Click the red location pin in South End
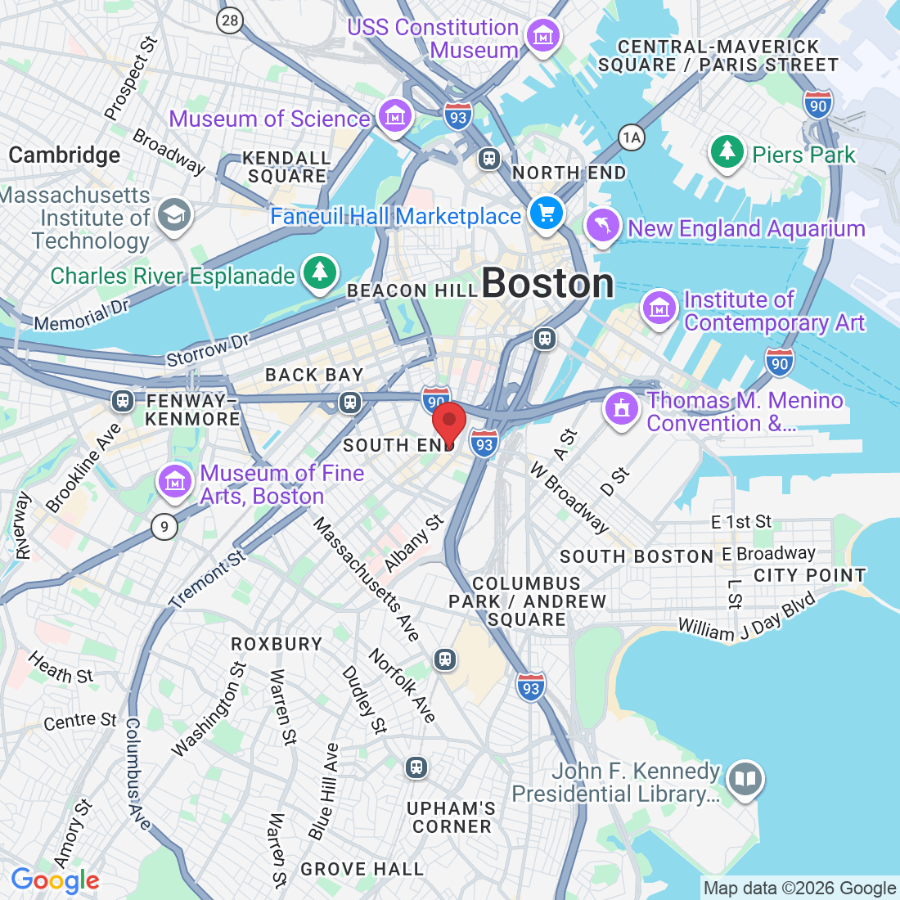tap(448, 423)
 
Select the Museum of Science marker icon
tap(396, 116)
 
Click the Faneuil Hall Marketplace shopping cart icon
tap(546, 214)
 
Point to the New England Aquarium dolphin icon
tap(603, 227)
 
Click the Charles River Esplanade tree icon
tap(319, 273)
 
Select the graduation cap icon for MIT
tap(173, 215)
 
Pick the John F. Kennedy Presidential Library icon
tap(745, 778)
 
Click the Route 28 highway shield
tap(231, 20)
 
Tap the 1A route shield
tap(631, 137)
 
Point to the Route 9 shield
tap(164, 526)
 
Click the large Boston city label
tap(547, 284)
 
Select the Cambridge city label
tap(65, 155)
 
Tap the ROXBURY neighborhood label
tap(277, 644)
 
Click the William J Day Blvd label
tap(746, 618)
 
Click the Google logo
tap(55, 880)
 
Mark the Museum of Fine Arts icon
tap(173, 482)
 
